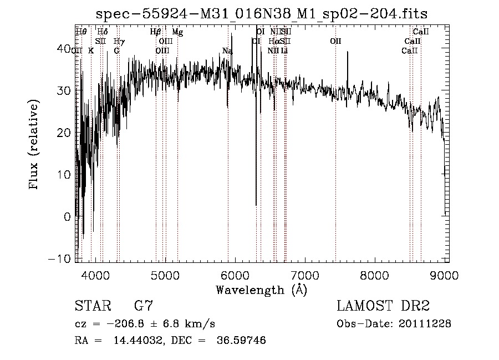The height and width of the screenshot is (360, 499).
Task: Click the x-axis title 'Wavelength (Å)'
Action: [x=261, y=290]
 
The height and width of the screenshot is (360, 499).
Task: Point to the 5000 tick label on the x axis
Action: [x=165, y=275]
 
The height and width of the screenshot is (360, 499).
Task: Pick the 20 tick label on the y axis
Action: [x=65, y=133]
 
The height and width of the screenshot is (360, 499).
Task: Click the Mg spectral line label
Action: [x=177, y=32]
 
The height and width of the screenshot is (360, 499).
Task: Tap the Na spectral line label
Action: [x=227, y=51]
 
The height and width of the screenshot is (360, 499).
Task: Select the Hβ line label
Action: [x=156, y=32]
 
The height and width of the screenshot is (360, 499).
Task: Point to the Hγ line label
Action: [x=119, y=42]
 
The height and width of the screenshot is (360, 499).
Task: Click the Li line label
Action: [x=284, y=51]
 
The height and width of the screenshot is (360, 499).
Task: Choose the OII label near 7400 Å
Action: [x=335, y=42]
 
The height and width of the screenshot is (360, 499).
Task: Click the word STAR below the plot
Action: [x=90, y=306]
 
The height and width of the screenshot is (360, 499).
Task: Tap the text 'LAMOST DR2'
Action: [x=383, y=306]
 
